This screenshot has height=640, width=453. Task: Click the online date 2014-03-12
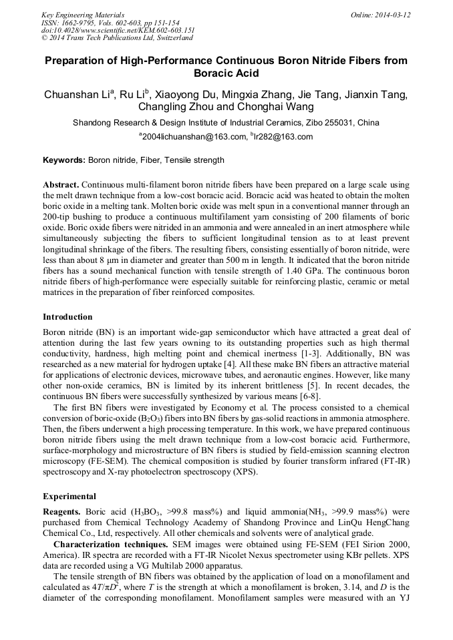click(394, 15)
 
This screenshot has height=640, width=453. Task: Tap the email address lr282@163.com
click(283, 137)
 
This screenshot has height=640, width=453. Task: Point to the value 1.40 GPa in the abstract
click(320, 272)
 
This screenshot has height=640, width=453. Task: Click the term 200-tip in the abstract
click(58, 217)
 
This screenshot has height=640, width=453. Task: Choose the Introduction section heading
click(67, 317)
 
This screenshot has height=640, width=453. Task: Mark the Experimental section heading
click(69, 497)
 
